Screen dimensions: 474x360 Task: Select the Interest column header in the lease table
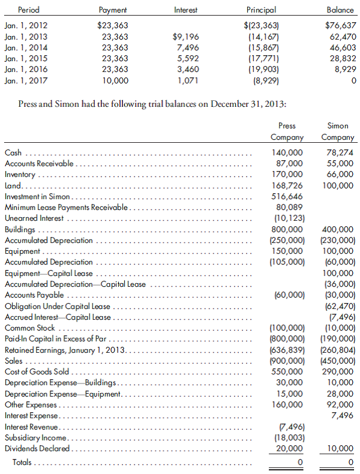pyautogui.click(x=185, y=10)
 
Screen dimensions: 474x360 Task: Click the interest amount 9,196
pyautogui.click(x=185, y=37)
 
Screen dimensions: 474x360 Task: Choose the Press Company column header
pyautogui.click(x=287, y=131)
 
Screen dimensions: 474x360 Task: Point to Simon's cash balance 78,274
pyautogui.click(x=339, y=153)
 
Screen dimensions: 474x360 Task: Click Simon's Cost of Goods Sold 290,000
pyautogui.click(x=338, y=372)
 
